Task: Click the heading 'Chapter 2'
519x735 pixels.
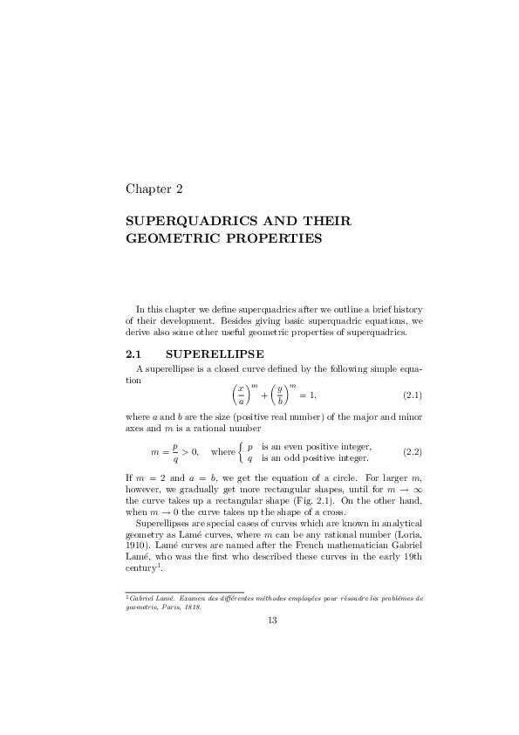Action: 154,188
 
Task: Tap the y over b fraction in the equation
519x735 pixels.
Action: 281,395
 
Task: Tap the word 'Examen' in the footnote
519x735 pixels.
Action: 183,598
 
